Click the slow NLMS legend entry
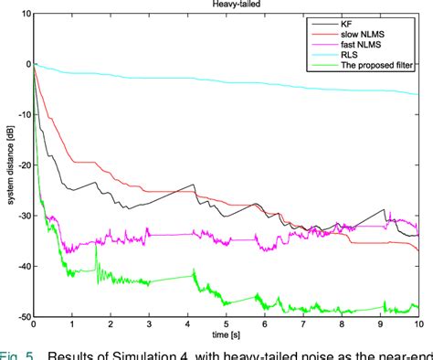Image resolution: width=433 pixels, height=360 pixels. click(360, 32)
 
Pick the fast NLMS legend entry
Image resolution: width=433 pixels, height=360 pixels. click(359, 43)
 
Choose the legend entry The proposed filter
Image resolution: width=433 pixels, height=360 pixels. click(376, 65)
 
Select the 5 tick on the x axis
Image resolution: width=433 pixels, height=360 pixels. click(227, 325)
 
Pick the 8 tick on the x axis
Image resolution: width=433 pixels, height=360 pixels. click(342, 325)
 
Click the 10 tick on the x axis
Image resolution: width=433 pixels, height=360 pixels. click(417, 325)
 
